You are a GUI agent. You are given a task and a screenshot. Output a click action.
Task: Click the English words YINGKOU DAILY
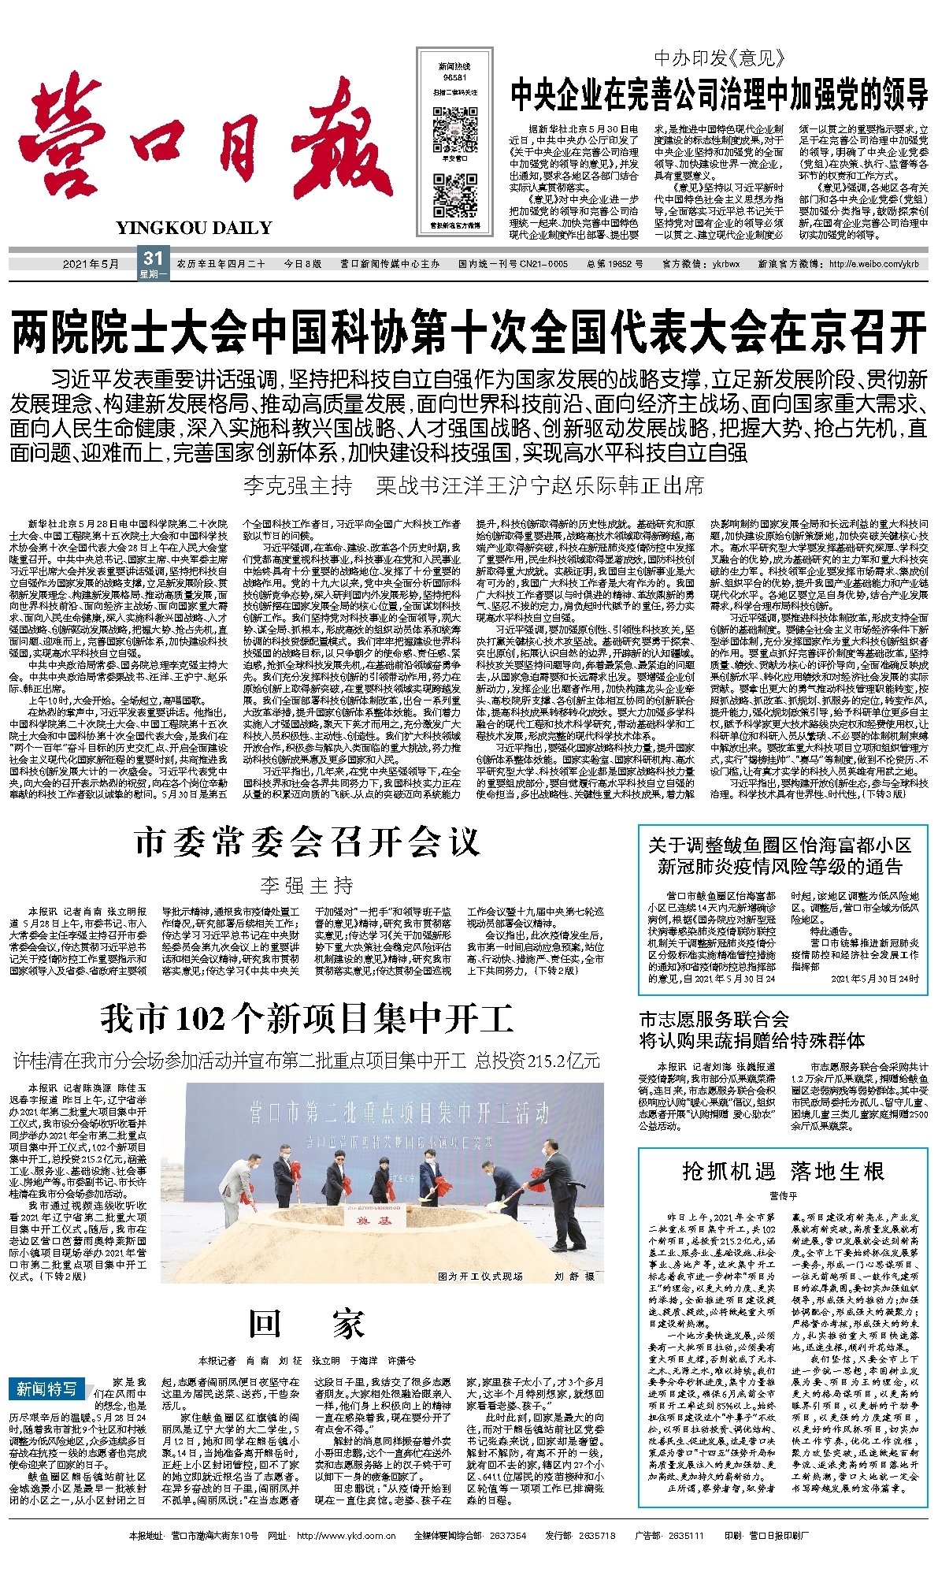click(x=194, y=229)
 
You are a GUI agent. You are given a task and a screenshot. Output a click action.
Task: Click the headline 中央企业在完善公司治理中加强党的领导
click(x=719, y=95)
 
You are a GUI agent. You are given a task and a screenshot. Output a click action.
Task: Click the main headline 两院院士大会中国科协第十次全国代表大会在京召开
click(x=469, y=333)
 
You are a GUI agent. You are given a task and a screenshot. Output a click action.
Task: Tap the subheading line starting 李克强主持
click(x=473, y=485)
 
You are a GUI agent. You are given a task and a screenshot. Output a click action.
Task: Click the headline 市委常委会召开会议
click(x=306, y=843)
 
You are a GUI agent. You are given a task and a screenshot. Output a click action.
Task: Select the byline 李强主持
click(x=306, y=886)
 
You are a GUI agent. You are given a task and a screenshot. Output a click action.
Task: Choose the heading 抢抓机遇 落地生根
click(x=783, y=1171)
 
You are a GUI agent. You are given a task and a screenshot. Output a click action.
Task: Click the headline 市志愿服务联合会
click(x=714, y=1019)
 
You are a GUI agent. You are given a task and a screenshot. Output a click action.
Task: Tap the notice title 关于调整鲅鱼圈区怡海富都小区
click(x=779, y=845)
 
